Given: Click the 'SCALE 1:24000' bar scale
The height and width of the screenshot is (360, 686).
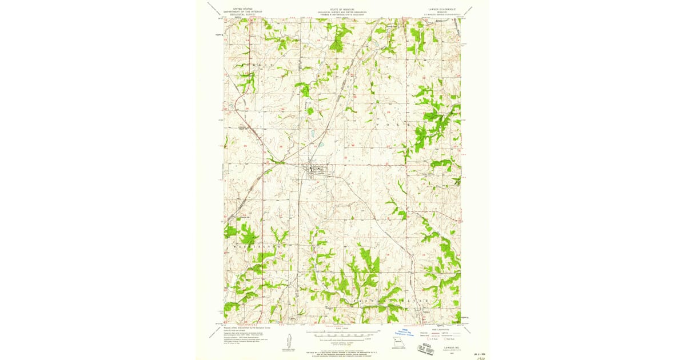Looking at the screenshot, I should pyautogui.click(x=342, y=332).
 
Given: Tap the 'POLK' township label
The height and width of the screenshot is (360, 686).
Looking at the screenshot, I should pyautogui.click(x=394, y=122).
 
